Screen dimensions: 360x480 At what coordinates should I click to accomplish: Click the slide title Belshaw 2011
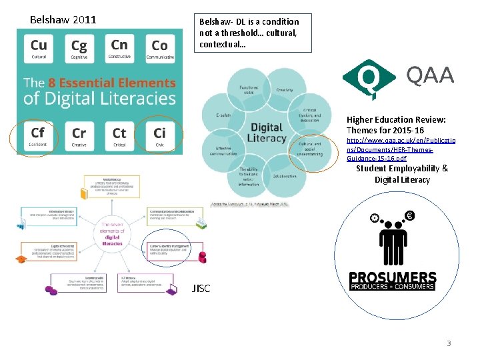click(63, 19)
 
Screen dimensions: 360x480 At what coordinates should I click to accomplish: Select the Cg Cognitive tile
click(79, 49)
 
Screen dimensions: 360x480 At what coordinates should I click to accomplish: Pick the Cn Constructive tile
click(119, 49)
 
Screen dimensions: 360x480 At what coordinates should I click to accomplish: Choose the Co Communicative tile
click(160, 49)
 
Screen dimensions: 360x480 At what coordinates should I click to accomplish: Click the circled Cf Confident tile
click(38, 136)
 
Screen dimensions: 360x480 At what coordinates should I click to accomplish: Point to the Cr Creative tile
click(79, 136)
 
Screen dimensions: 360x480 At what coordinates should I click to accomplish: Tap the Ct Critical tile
click(119, 136)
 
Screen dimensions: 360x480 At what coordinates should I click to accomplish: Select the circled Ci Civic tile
click(160, 136)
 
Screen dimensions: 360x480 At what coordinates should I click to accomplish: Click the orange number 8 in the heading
click(51, 83)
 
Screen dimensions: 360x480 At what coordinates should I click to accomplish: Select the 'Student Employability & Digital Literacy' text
click(393, 174)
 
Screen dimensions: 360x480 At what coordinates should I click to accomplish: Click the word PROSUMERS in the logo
click(393, 278)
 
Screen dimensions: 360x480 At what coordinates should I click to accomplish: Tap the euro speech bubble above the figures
click(409, 216)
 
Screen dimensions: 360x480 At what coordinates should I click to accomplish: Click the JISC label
click(201, 289)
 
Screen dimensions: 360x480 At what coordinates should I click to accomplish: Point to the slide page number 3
click(449, 343)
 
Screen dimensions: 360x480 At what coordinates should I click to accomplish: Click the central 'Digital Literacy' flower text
click(267, 133)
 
